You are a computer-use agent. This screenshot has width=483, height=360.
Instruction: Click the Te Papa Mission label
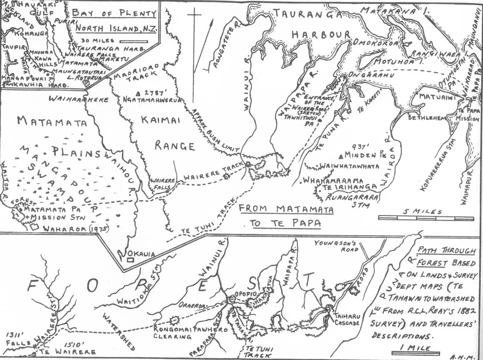(468, 114)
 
